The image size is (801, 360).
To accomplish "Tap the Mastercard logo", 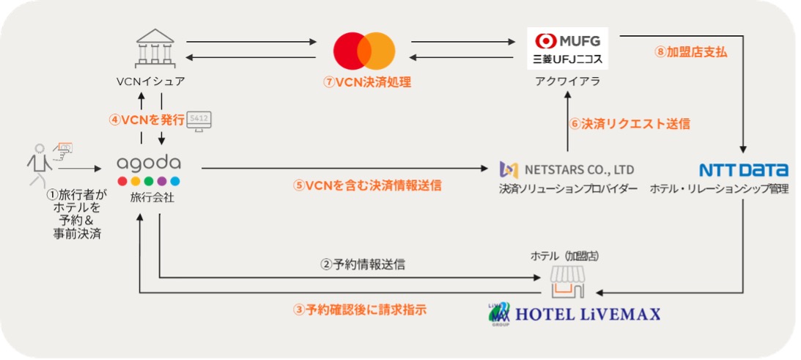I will (364, 50).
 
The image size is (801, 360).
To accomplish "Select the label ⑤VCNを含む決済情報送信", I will (367, 185).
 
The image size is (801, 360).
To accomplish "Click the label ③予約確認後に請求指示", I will (360, 309).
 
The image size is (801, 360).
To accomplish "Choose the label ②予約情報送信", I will (363, 265).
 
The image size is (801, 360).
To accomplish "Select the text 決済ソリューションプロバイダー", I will (567, 189).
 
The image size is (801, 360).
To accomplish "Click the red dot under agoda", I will (122, 181).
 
